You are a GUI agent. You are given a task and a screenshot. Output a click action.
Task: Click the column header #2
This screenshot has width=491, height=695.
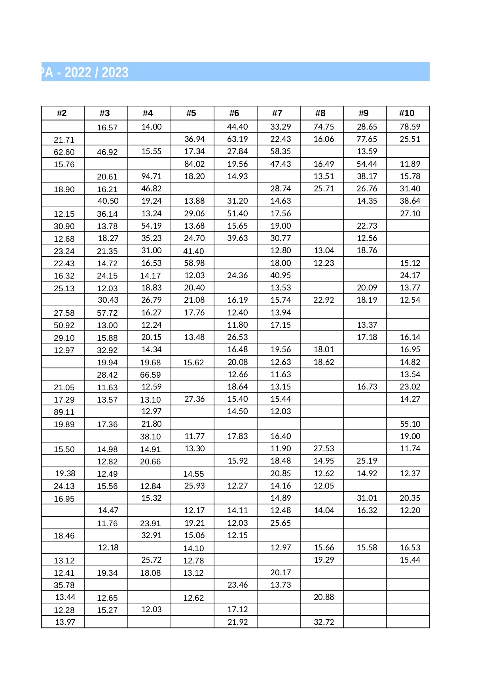62,113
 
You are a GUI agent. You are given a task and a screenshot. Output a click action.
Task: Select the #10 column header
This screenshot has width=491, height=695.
407,113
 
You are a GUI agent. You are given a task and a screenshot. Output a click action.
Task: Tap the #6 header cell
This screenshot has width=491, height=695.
234,113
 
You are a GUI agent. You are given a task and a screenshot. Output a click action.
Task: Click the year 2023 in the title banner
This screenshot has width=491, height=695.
115,73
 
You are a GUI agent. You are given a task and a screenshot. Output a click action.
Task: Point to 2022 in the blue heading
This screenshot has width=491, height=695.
78,73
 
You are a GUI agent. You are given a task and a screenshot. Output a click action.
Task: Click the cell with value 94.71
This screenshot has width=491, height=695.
151,176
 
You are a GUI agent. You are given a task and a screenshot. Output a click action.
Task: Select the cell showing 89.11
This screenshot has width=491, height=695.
64,412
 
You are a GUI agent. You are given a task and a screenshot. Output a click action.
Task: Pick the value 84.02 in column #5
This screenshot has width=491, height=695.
194,164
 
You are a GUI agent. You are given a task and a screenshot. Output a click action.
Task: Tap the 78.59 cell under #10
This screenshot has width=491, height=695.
410,127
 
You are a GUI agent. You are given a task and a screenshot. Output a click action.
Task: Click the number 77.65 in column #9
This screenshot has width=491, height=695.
367,139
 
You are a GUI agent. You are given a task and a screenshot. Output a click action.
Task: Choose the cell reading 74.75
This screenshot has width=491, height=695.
324,127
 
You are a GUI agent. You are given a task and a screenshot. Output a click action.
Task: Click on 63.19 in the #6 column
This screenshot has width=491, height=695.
237,139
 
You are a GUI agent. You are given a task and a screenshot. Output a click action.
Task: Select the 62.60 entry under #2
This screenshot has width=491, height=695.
64,152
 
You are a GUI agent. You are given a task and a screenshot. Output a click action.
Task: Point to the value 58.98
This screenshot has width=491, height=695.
194,263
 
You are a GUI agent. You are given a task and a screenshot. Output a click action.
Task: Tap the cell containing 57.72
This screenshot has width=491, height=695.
107,313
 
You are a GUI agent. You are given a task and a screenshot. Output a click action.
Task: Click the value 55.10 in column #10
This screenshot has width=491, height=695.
410,424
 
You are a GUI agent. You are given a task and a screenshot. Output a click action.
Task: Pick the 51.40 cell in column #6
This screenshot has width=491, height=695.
237,214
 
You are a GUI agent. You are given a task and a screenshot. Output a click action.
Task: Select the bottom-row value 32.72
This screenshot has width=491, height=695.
324,622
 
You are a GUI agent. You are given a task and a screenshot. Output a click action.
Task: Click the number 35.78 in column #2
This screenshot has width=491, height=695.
64,585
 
